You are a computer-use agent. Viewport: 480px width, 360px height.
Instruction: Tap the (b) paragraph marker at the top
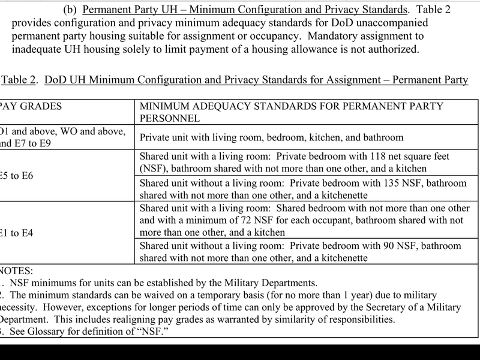coord(70,10)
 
